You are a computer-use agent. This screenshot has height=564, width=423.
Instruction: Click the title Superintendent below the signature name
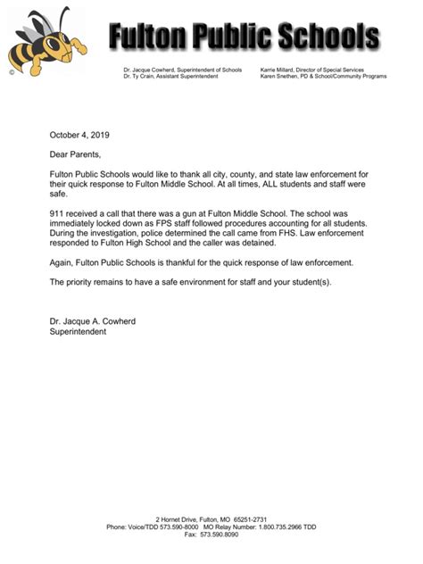point(78,331)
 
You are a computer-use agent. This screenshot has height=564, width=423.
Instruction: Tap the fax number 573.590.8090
point(219,534)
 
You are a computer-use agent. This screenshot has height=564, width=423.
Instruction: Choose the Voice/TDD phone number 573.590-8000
point(179,527)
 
